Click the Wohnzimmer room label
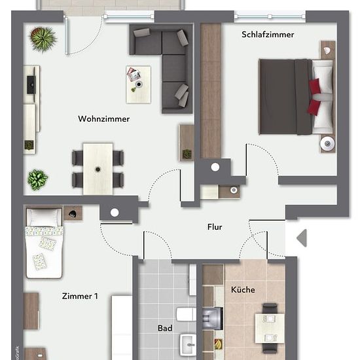(104, 118)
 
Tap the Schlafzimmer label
(268, 35)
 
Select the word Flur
(215, 227)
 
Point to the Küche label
(243, 289)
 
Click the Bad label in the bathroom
(165, 328)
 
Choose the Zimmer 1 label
(80, 296)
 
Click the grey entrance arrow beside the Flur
(302, 238)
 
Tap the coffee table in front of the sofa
(139, 84)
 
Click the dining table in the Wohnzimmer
(98, 170)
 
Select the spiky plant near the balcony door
(43, 39)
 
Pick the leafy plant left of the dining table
(37, 180)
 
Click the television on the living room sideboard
(31, 85)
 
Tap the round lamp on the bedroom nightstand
(327, 144)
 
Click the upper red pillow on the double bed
(315, 86)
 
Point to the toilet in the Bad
(186, 314)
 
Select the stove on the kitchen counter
(213, 319)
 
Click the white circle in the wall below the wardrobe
(215, 168)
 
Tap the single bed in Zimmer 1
(44, 243)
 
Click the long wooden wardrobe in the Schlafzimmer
(211, 91)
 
